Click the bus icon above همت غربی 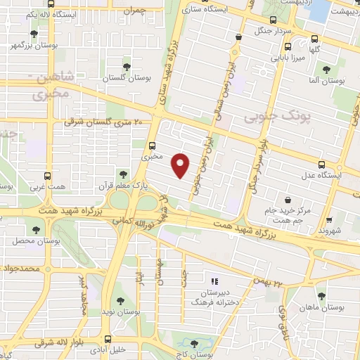click(x=48, y=177)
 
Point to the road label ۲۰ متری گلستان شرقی click(x=104, y=122)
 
